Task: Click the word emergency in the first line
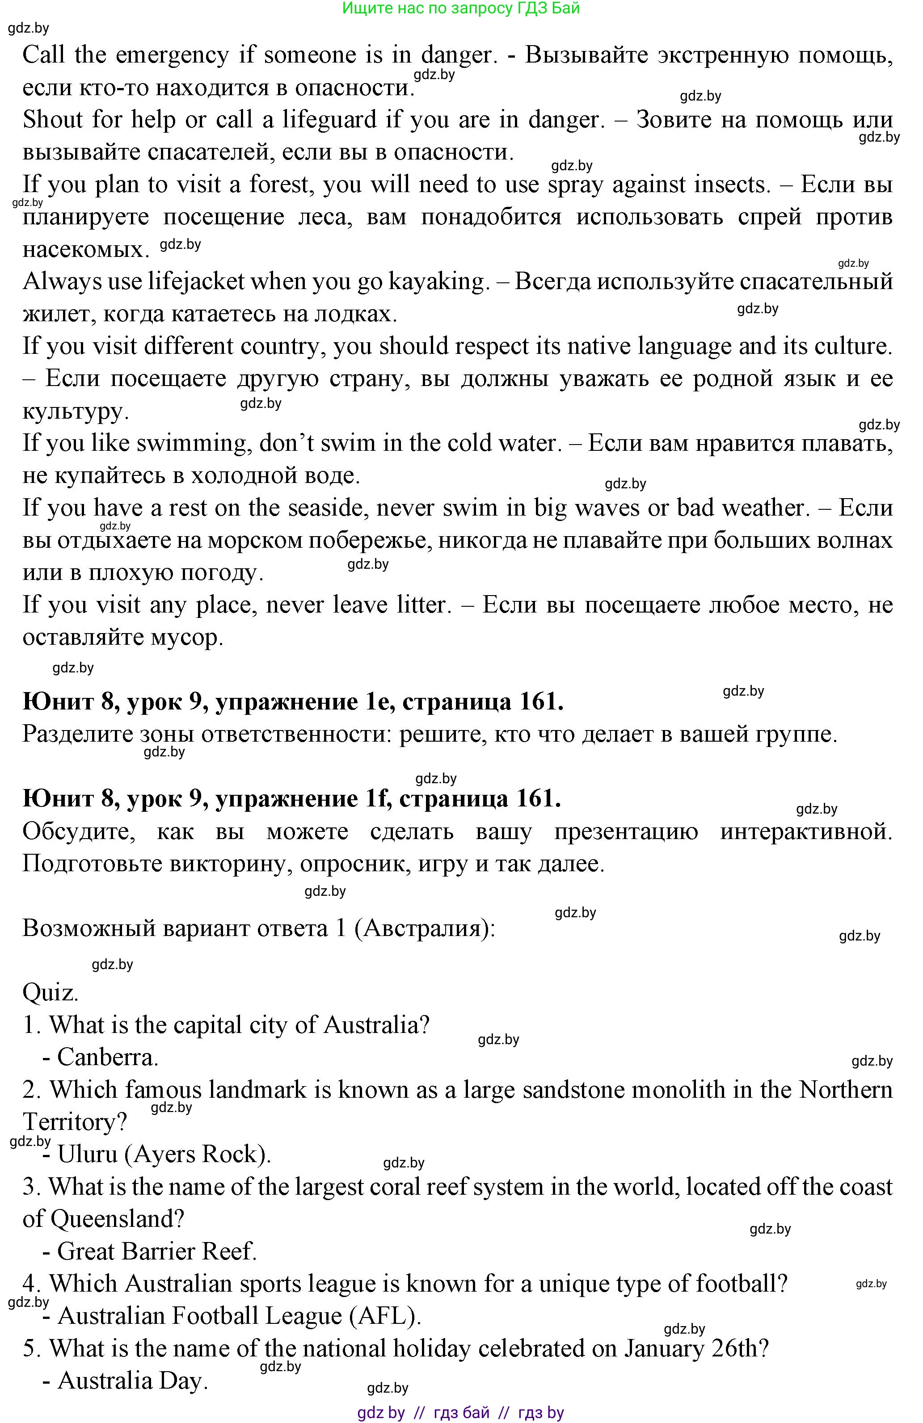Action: pyautogui.click(x=172, y=55)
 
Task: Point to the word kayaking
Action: pyautogui.click(x=439, y=281)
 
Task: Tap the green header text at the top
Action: pyautogui.click(x=460, y=8)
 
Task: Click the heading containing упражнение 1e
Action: pyautogui.click(x=293, y=702)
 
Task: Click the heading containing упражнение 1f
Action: pyautogui.click(x=292, y=799)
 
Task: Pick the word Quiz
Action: pyautogui.click(x=50, y=992)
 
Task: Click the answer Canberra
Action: pyautogui.click(x=108, y=1057)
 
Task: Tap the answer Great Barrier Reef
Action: pyautogui.click(x=157, y=1251)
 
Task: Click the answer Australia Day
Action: pyautogui.click(x=132, y=1381)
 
